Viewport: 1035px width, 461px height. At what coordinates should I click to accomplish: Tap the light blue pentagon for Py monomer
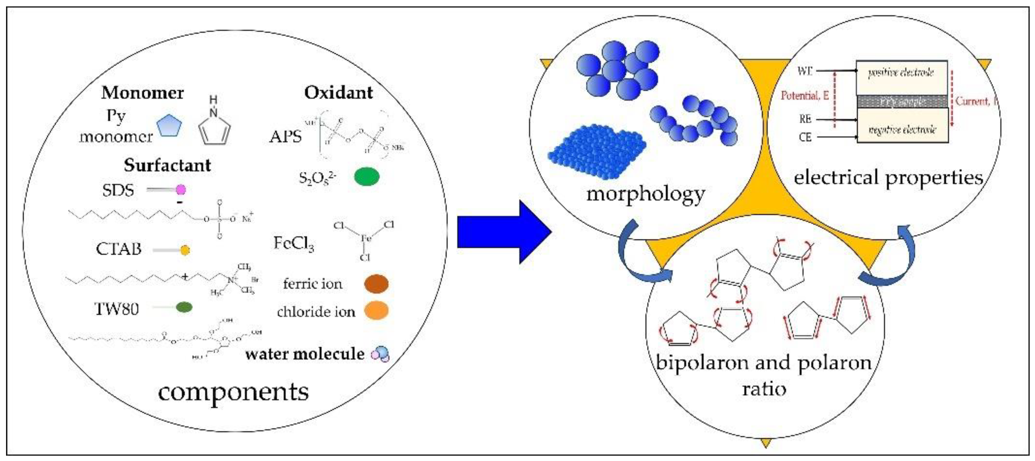(x=169, y=126)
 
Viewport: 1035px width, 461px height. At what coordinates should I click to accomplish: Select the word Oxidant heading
(x=338, y=93)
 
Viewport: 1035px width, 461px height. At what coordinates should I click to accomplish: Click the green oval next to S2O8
(x=366, y=176)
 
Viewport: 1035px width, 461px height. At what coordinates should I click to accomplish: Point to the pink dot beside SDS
(x=181, y=189)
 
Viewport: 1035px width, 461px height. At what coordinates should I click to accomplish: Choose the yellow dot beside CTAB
(x=185, y=251)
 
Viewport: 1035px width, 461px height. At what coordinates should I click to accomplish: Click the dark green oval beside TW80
(x=184, y=307)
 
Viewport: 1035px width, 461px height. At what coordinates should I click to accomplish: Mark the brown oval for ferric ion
(x=376, y=284)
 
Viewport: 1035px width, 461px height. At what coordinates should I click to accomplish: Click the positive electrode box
(x=902, y=77)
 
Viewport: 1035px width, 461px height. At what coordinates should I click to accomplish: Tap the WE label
(x=805, y=71)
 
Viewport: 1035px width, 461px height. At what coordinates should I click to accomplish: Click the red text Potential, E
(x=805, y=96)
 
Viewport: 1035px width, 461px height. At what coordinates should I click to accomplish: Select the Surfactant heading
(x=167, y=165)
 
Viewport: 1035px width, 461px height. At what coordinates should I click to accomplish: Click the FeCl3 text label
(x=293, y=244)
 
